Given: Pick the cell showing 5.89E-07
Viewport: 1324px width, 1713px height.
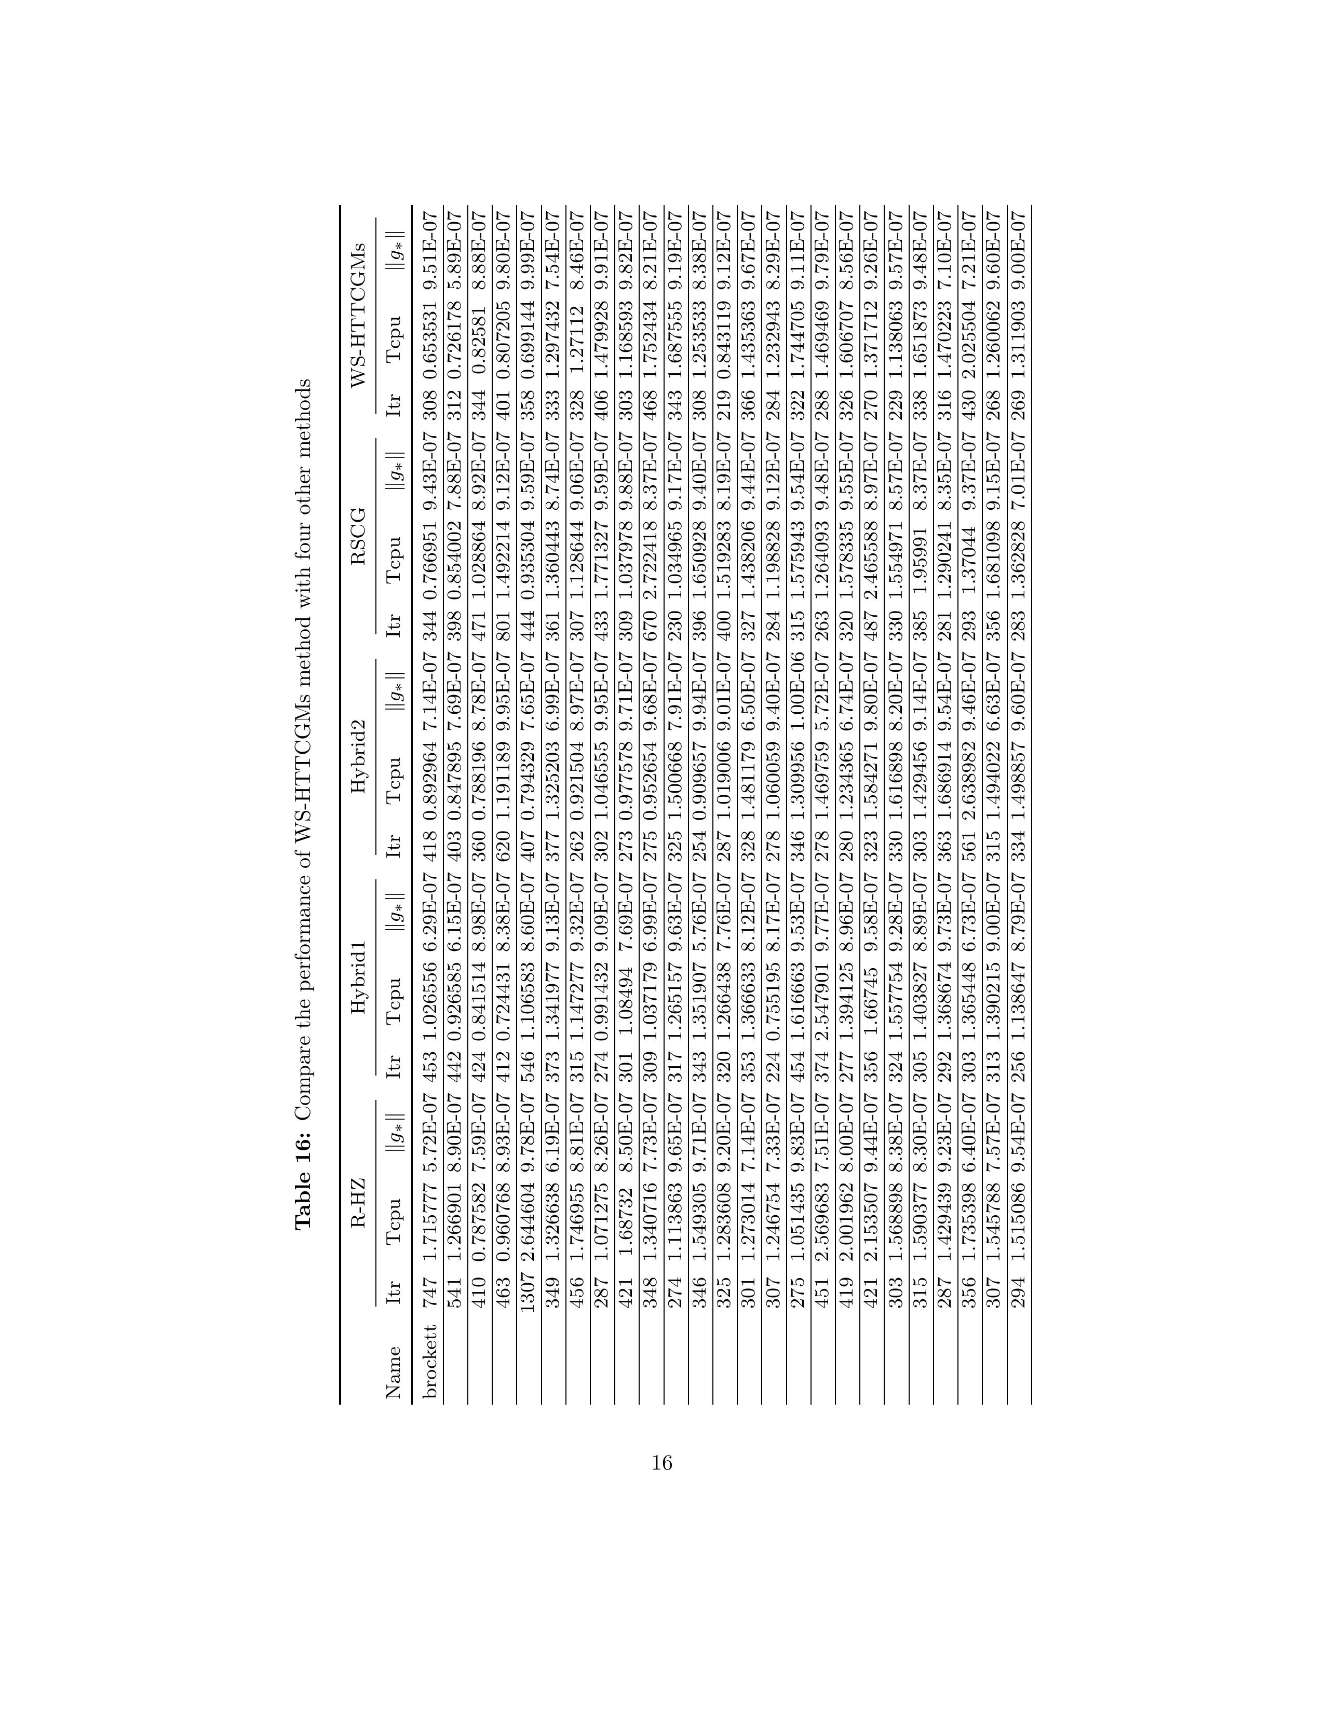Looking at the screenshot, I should click(455, 244).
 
